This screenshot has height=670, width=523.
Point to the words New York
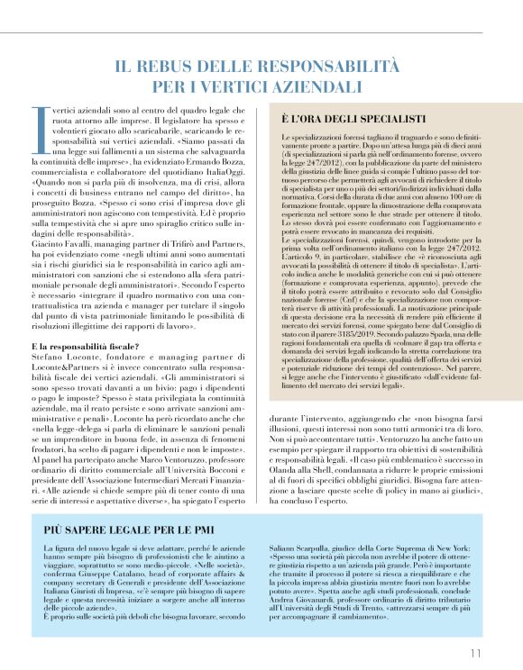[x=451, y=547]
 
